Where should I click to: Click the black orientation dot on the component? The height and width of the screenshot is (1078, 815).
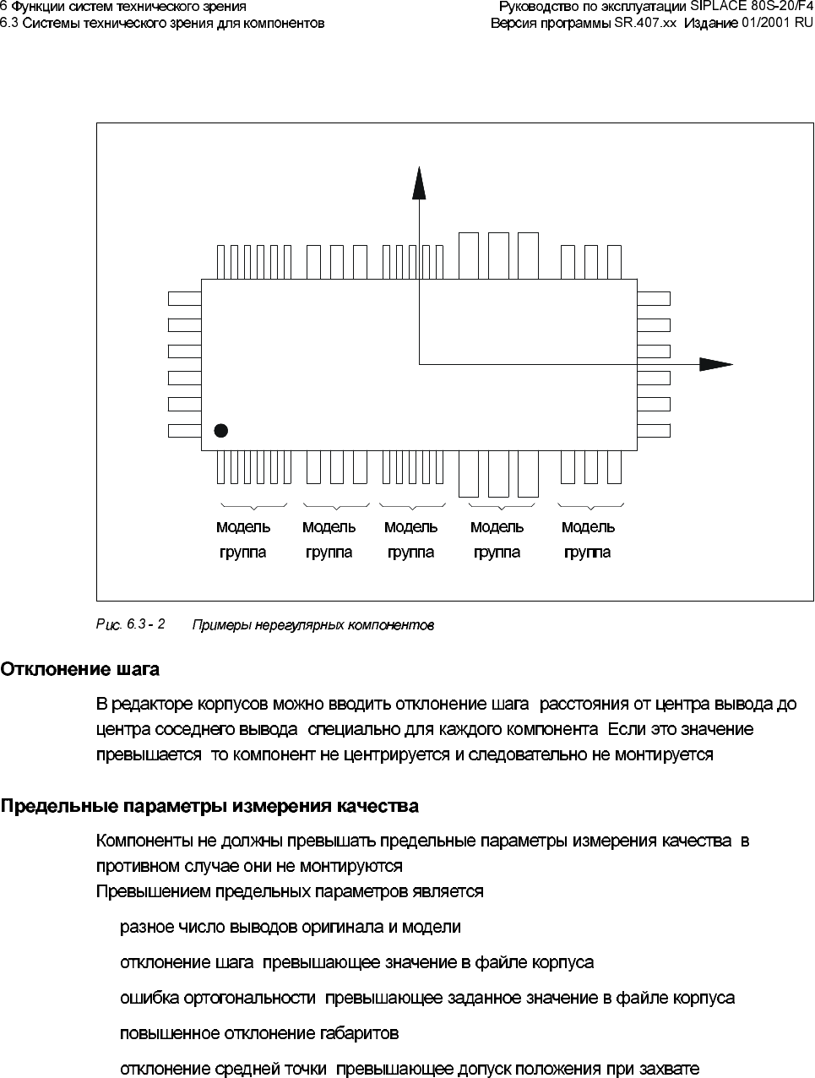tap(221, 431)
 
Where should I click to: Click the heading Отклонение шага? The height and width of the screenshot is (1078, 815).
tap(79, 670)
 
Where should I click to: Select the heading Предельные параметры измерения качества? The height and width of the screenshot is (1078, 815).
tap(209, 806)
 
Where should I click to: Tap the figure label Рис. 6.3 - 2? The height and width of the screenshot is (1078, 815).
tap(130, 624)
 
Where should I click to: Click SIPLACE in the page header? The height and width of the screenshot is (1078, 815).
tap(714, 8)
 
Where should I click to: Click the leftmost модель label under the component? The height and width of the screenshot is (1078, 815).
tap(243, 527)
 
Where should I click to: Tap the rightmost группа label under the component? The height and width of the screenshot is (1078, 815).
tap(587, 553)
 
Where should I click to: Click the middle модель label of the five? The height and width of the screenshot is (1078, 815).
tap(410, 527)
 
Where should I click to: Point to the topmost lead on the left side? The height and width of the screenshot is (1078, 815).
tap(184, 298)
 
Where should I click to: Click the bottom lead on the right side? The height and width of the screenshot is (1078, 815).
tap(653, 431)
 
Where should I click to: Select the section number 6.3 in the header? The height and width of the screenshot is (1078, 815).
tap(9, 23)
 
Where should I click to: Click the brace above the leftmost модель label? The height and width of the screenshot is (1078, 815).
tap(252, 506)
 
